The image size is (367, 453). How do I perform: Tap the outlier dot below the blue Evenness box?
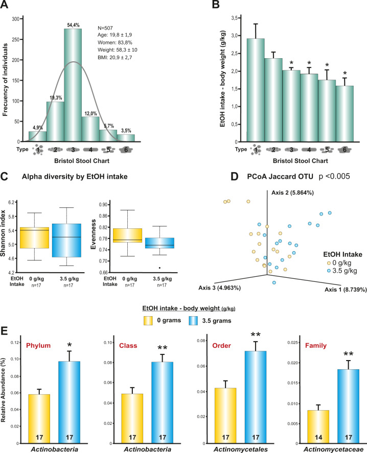159,267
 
